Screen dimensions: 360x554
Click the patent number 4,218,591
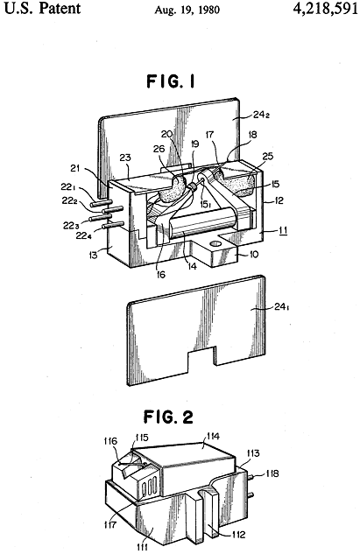pos(325,9)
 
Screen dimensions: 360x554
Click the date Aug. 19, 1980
pos(187,10)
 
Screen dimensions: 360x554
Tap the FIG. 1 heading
pos(171,81)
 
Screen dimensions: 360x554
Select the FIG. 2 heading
pos(169,417)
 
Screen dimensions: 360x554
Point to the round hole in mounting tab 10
pos(215,244)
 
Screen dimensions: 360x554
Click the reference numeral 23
pos(125,158)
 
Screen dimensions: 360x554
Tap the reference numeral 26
pos(159,149)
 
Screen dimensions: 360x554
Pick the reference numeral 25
pos(268,156)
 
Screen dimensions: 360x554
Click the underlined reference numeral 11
pos(283,230)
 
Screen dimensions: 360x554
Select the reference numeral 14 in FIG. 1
pos(191,266)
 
